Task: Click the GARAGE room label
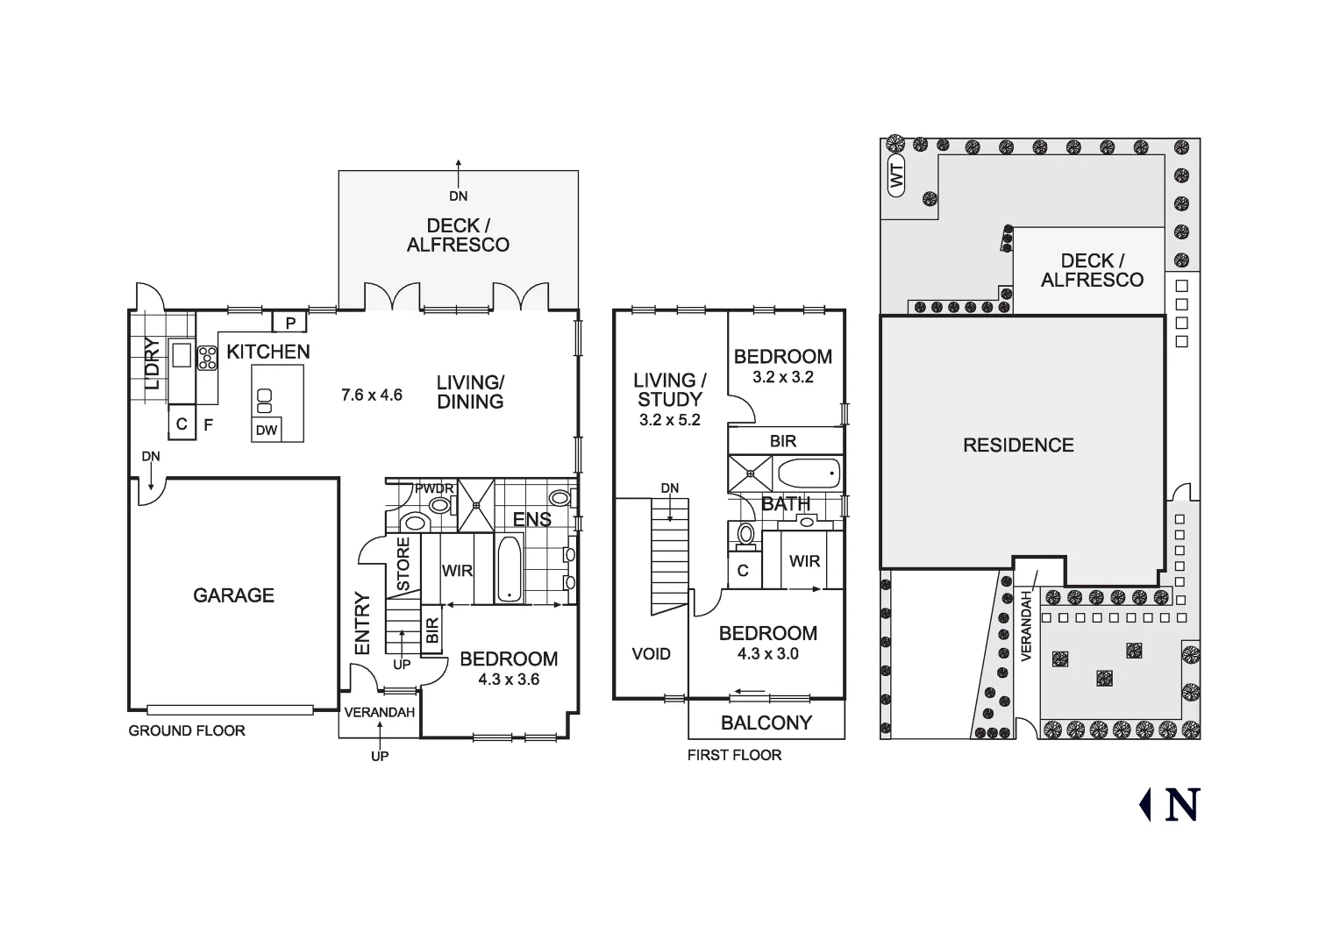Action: tap(233, 595)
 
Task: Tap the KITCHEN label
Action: tap(268, 352)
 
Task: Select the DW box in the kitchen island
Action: tap(267, 431)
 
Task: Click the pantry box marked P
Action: tap(290, 322)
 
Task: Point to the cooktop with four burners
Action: tap(207, 358)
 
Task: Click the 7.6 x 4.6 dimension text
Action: tap(372, 395)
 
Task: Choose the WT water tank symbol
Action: tap(896, 176)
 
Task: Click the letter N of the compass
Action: tap(1182, 804)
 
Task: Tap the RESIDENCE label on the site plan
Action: tap(1018, 445)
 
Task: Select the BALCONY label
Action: tap(766, 723)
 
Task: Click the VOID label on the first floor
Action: tap(651, 654)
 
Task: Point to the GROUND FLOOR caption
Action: tap(187, 730)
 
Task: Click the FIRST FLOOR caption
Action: tap(734, 755)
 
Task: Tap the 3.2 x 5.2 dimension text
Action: tap(669, 420)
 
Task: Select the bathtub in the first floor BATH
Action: tap(808, 473)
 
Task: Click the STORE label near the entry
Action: tap(403, 564)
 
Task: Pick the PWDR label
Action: tap(434, 488)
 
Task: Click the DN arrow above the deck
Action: tap(459, 174)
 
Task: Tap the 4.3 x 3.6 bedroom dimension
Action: tap(509, 680)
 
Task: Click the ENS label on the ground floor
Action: tap(531, 519)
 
